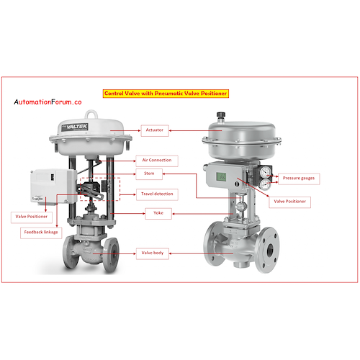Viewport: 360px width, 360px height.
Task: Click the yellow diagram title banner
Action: tap(166, 94)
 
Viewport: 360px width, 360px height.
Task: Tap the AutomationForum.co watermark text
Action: tap(48, 102)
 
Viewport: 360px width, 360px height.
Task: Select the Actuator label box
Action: tap(155, 130)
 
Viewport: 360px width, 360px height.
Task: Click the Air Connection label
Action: tap(157, 161)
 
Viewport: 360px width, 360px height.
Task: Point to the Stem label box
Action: tap(149, 174)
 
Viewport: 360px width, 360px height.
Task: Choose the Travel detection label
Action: tap(157, 194)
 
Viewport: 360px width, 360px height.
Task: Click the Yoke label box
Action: tap(158, 213)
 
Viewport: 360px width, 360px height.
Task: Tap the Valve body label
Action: tap(153, 253)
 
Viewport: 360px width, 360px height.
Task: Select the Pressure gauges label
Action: tap(299, 179)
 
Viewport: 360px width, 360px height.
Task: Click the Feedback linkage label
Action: tap(41, 233)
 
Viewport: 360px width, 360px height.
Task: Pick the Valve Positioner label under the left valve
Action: tap(32, 217)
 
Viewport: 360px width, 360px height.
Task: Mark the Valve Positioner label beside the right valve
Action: tap(290, 202)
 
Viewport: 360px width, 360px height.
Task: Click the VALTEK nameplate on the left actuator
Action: tap(75, 127)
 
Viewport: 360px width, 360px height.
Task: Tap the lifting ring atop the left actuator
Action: tap(91, 114)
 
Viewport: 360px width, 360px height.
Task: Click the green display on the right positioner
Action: tap(221, 176)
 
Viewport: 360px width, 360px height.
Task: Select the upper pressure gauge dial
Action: tap(266, 171)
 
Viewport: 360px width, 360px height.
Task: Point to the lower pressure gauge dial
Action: tap(265, 184)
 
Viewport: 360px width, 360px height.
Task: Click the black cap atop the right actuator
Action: tap(220, 115)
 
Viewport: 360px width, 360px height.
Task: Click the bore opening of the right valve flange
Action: tap(270, 251)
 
